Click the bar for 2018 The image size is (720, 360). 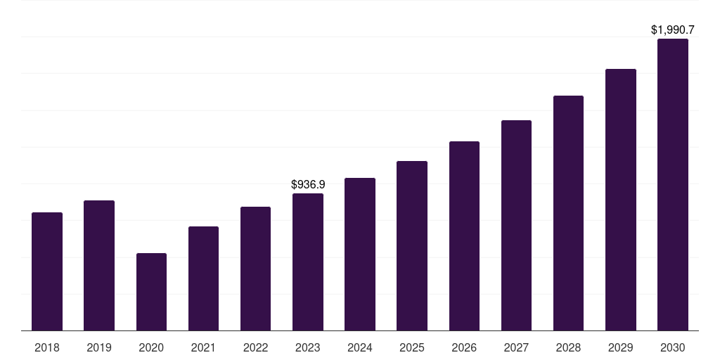47,271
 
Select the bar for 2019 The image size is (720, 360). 99,265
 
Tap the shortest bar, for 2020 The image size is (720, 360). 152,292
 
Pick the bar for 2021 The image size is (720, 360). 203,278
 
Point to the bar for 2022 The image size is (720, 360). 255,269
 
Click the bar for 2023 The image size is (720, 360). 308,262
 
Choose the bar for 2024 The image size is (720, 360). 360,255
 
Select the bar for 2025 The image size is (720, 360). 412,245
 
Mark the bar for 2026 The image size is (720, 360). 464,236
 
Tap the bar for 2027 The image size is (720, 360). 516,226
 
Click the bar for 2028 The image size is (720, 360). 568,213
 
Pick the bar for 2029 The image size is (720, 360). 621,200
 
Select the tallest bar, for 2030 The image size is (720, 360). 673,185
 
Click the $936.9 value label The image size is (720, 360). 308,185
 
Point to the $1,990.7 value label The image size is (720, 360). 673,30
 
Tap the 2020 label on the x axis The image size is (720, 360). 151,347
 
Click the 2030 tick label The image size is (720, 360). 673,347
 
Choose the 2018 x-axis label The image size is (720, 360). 47,347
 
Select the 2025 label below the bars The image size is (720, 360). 412,347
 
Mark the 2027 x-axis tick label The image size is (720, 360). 516,347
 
